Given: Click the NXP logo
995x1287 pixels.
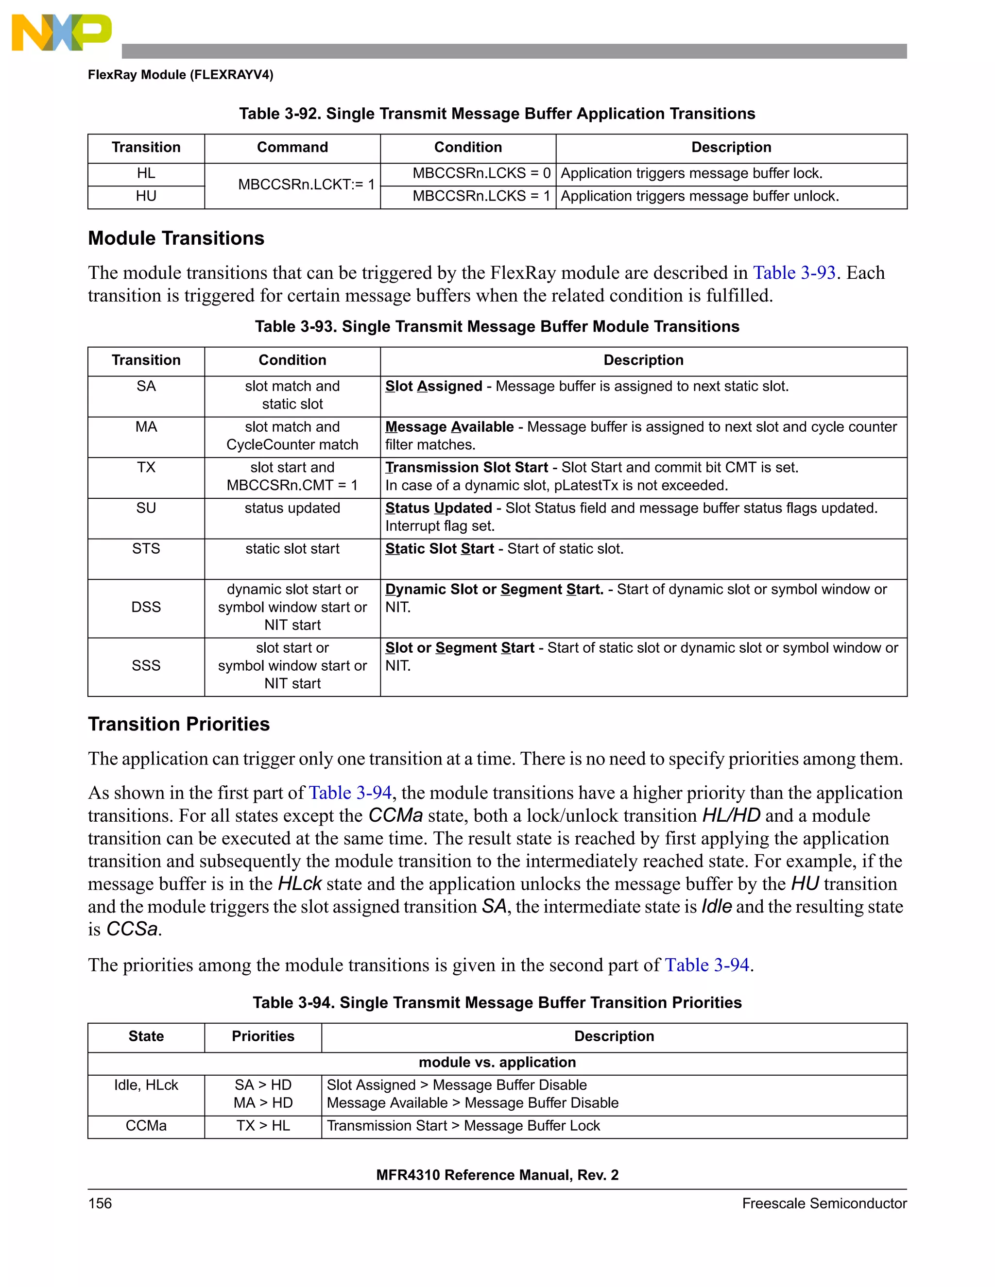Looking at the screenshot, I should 61,33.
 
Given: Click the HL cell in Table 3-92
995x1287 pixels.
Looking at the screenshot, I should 146,173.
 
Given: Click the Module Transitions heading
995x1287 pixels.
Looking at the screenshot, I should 176,238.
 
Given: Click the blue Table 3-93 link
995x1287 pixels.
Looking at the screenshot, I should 794,273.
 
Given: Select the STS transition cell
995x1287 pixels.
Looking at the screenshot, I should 146,549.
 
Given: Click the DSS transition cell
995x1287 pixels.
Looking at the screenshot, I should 146,607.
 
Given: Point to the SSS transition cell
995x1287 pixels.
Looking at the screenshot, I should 146,665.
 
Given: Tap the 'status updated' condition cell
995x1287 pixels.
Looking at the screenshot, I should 292,508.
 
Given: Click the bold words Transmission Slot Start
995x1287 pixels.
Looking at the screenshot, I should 466,467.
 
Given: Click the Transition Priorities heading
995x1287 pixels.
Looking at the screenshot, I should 179,724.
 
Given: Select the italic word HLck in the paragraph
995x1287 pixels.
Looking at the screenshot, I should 299,884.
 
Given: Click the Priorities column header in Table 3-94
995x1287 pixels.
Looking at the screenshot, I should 263,1036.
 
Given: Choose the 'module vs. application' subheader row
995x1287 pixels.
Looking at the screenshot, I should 497,1063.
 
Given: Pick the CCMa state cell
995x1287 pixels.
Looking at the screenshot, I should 146,1126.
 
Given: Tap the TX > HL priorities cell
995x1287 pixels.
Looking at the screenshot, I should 263,1126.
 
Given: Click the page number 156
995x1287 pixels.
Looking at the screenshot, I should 100,1203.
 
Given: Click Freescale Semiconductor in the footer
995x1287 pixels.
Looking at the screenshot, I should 823,1203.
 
